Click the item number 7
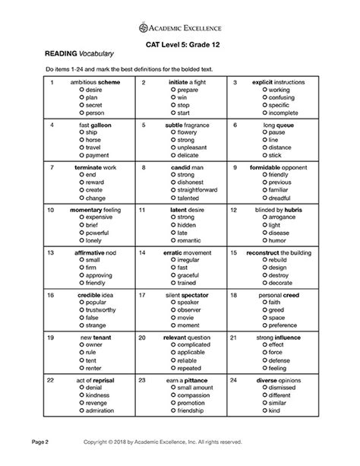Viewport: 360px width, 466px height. (x=51, y=167)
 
